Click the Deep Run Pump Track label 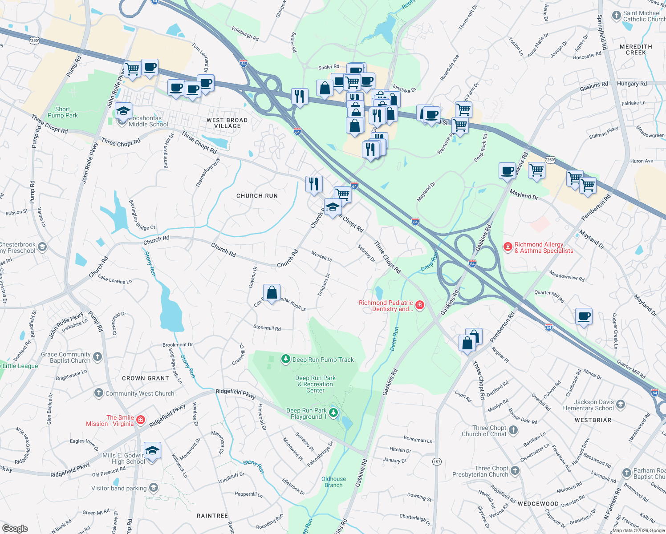pos(323,360)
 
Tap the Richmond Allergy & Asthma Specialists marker pos(508,247)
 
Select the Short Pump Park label pos(63,112)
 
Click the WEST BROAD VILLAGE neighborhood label pos(227,123)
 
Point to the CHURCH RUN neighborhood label pos(257,196)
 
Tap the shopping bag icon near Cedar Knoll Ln pos(272,293)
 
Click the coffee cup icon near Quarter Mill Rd pos(584,316)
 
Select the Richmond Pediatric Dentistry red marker pos(419,305)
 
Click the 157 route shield pos(437,462)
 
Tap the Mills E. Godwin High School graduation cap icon pos(152,451)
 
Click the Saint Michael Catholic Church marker pos(616,16)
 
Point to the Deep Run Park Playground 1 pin pos(333,413)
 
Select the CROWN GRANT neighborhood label pos(146,378)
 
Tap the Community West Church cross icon pos(98,393)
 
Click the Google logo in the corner pos(15,528)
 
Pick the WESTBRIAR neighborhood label pos(593,420)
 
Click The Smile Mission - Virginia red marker pos(141,420)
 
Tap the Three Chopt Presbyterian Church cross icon pos(515,471)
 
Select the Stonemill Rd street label pos(267,328)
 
